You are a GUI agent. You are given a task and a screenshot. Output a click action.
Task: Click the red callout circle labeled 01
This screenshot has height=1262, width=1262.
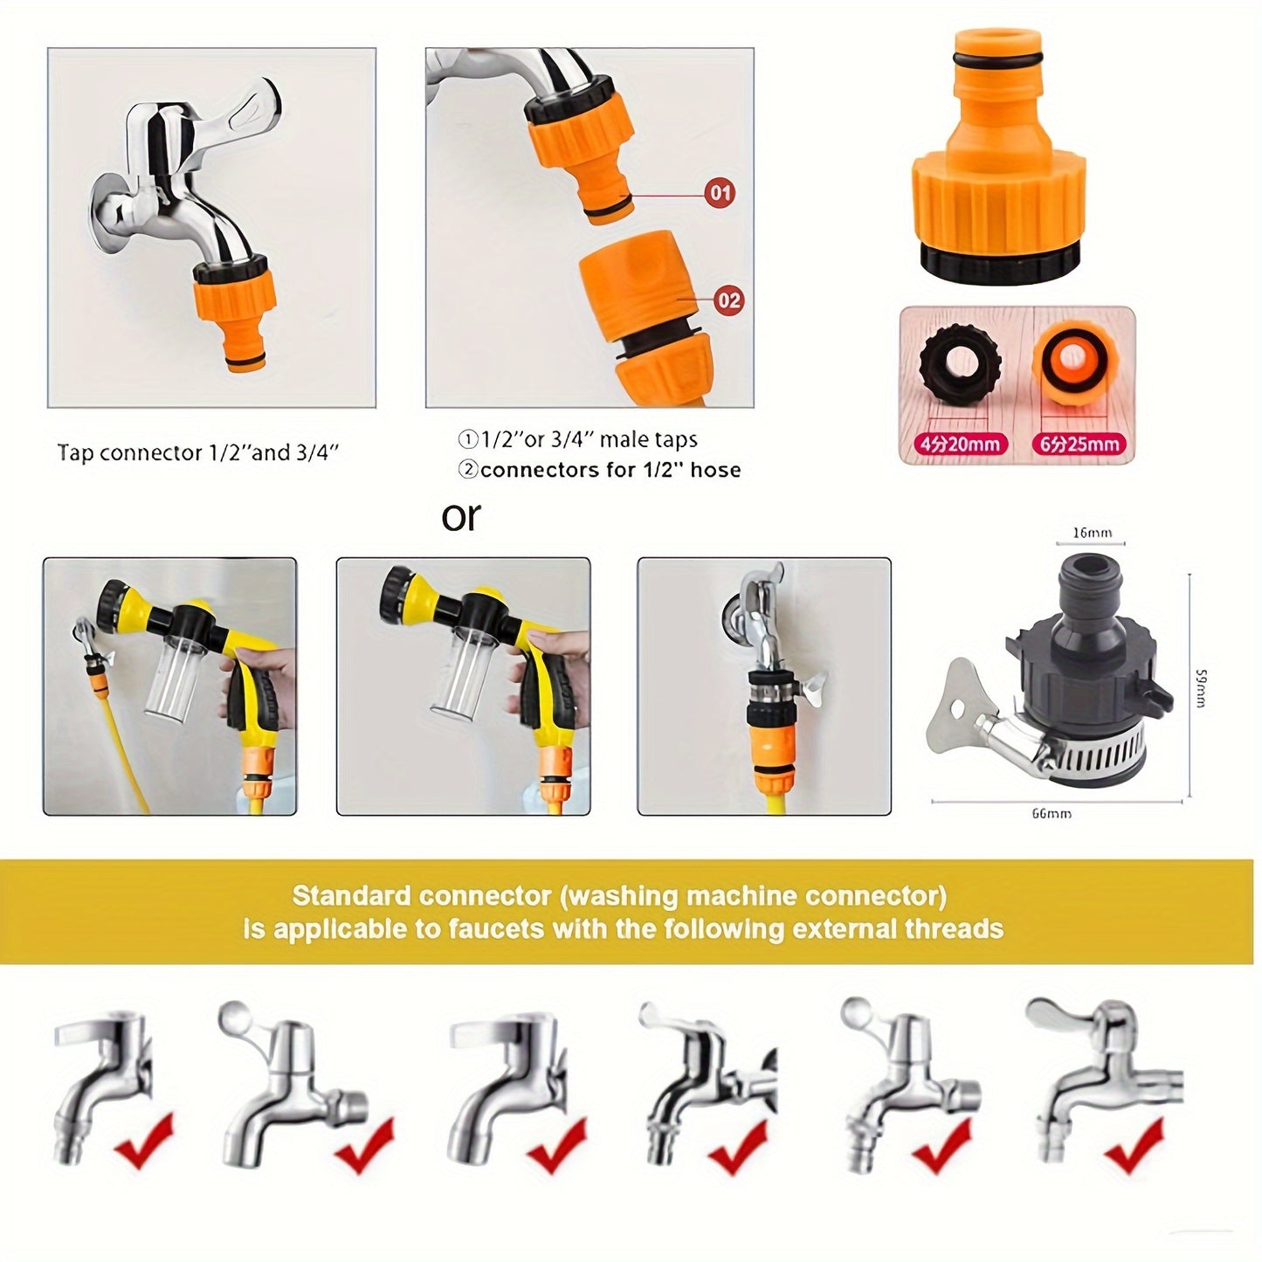tap(720, 192)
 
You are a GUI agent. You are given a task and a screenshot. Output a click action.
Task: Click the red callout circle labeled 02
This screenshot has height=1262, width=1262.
tap(728, 300)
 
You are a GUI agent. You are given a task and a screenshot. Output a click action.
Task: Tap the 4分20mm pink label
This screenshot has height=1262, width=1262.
tap(957, 444)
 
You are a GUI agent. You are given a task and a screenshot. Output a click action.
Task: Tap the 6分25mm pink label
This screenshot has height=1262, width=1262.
tap(1078, 444)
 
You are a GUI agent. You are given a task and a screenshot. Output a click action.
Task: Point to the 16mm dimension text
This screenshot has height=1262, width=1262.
tap(1091, 532)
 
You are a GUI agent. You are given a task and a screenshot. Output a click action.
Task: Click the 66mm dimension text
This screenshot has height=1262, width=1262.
tap(1051, 813)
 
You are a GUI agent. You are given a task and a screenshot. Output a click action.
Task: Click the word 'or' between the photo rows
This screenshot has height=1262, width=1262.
tap(460, 516)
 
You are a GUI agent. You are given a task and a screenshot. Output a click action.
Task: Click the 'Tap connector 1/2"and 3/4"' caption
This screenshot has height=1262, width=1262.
tap(197, 452)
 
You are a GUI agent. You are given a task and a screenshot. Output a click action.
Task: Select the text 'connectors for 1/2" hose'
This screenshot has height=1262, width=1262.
tap(610, 470)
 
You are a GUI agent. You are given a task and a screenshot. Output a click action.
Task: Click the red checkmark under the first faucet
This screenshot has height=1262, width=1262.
tap(143, 1141)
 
